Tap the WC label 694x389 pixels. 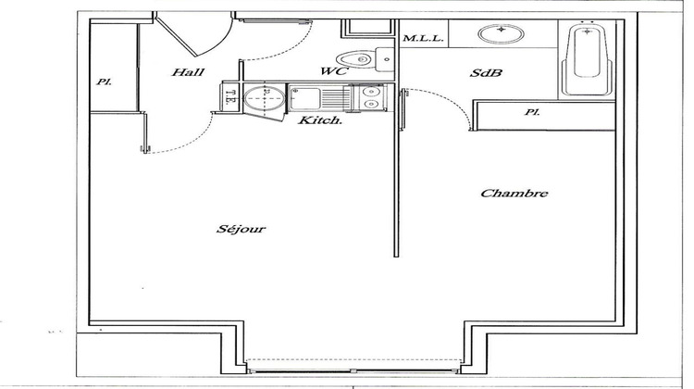(x=333, y=71)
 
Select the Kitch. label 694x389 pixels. (x=320, y=120)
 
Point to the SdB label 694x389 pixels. (x=488, y=73)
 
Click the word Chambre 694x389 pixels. (x=515, y=194)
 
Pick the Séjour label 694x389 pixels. (x=242, y=229)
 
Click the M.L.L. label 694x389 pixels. (x=425, y=38)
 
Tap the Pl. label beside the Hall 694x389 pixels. (x=105, y=82)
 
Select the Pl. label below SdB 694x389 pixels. (x=531, y=113)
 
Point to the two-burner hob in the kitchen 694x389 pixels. (x=369, y=96)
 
